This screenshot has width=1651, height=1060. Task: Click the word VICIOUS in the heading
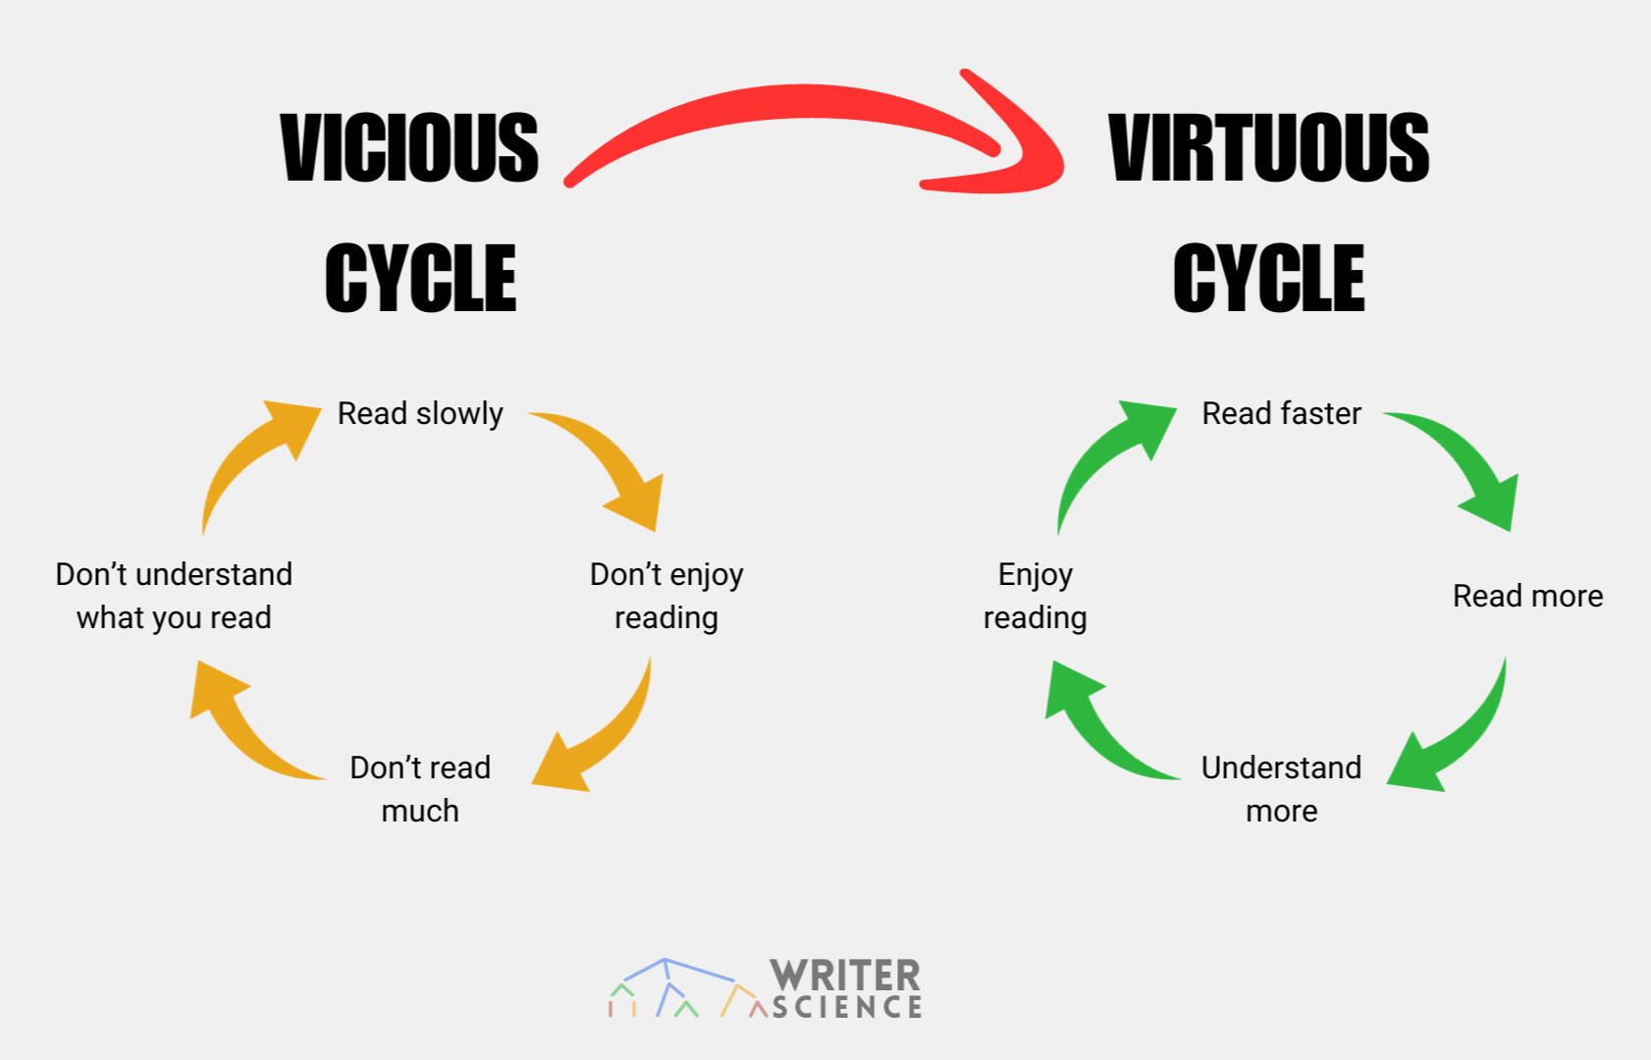(409, 147)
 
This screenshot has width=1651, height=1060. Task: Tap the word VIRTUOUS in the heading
(1268, 147)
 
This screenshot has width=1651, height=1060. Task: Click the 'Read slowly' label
(420, 413)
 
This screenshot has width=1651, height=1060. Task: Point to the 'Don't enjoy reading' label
(666, 596)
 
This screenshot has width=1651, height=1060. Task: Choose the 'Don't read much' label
(420, 788)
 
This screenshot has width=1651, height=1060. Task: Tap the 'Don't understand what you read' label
(174, 596)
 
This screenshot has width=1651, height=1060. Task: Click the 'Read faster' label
(1281, 413)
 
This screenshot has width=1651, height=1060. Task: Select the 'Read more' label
(1527, 596)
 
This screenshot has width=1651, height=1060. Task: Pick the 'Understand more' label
(1281, 788)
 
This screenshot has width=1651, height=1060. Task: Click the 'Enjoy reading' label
(1035, 596)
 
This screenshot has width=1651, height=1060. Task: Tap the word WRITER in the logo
(845, 976)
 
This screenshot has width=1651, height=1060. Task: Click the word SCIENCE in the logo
(847, 1007)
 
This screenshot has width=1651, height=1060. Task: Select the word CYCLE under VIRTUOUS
(1268, 279)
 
